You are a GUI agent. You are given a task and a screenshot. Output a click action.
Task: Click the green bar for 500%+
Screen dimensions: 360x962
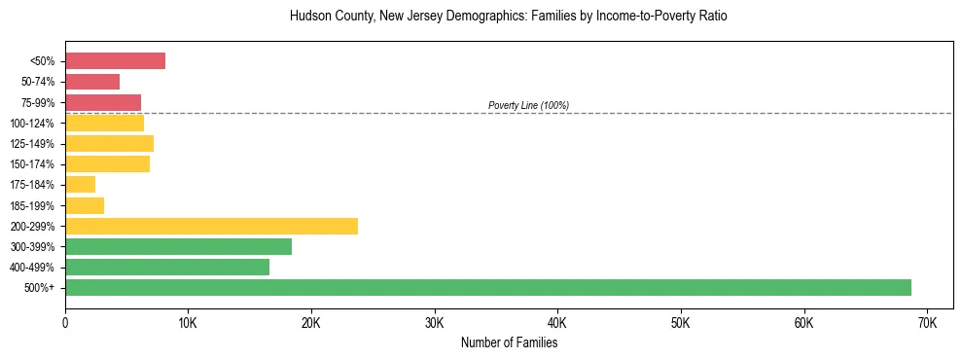point(488,287)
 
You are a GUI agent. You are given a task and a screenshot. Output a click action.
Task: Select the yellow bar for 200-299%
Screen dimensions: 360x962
point(211,226)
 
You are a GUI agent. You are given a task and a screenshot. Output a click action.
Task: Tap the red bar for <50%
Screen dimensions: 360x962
point(115,61)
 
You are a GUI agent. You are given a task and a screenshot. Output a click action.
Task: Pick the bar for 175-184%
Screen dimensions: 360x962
point(80,184)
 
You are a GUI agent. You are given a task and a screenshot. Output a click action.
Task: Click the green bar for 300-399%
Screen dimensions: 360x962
point(178,246)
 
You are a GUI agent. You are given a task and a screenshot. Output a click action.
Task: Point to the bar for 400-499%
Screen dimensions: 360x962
point(167,267)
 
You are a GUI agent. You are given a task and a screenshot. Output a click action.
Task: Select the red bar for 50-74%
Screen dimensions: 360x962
point(92,82)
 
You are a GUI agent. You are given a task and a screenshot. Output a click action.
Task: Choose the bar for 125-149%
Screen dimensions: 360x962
point(109,144)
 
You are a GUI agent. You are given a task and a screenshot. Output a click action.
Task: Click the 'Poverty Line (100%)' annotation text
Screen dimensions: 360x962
point(528,105)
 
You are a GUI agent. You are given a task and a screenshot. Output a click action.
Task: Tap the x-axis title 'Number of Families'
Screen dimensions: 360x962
point(509,342)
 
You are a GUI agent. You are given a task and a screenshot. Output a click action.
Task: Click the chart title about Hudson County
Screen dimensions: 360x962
point(508,17)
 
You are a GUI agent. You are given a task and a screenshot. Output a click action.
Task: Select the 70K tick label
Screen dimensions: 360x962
point(927,322)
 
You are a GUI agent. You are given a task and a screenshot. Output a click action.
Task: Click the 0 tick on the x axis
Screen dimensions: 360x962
point(65,322)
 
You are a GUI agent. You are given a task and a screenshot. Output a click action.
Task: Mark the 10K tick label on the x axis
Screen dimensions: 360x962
point(188,322)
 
